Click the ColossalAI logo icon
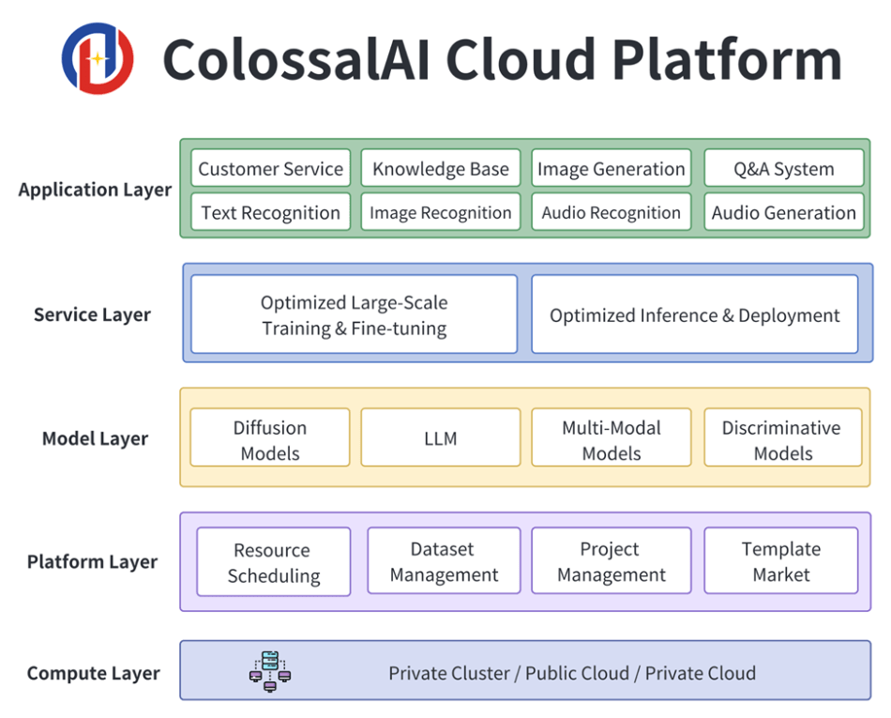(98, 58)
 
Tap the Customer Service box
(270, 169)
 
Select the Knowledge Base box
(441, 169)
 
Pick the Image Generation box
(612, 169)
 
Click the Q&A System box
(783, 169)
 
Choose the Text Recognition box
(270, 212)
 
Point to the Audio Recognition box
(612, 212)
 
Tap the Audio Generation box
(783, 212)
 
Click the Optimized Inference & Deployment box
(695, 314)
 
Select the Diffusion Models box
(270, 439)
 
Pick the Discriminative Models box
(783, 439)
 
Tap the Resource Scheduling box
(273, 562)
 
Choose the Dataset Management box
(444, 561)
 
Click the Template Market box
(781, 561)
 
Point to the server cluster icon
(270, 672)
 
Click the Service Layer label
(92, 314)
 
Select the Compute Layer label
(93, 673)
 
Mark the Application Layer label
(95, 190)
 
